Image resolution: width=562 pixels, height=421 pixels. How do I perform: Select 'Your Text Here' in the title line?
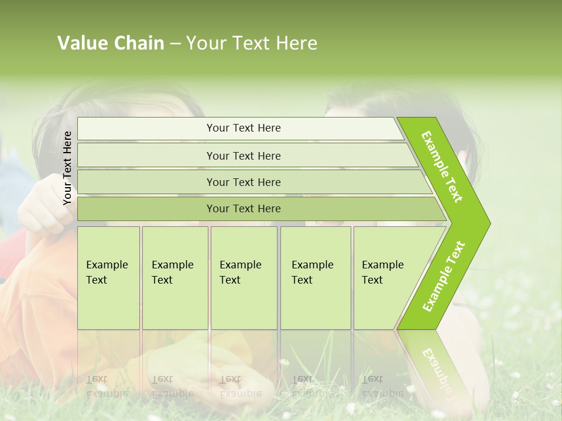click(x=252, y=43)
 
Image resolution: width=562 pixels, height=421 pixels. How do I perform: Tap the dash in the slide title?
click(x=175, y=44)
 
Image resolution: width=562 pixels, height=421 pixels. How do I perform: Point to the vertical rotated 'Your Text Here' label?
click(x=67, y=168)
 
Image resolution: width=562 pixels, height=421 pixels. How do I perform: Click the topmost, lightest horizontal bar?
click(x=240, y=129)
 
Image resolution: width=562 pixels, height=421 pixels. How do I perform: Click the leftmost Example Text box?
click(x=108, y=278)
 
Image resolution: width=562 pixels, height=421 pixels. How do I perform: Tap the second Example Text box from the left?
click(x=174, y=278)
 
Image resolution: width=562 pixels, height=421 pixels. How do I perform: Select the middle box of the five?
click(x=244, y=278)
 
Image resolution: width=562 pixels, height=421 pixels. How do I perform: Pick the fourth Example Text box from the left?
click(x=315, y=278)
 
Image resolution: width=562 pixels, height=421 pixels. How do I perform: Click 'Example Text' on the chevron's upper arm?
click(x=443, y=167)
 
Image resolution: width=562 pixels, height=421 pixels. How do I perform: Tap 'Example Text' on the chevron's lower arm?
click(x=444, y=277)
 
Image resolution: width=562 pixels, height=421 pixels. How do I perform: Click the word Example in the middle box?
click(x=240, y=265)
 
